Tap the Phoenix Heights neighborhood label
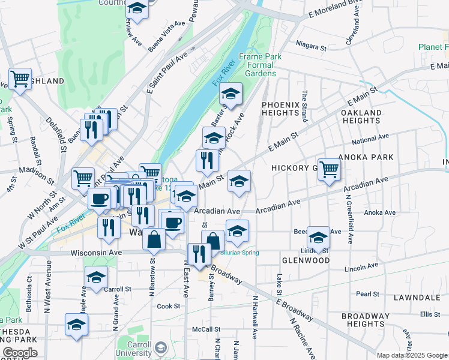(x=280, y=109)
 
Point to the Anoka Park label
(x=366, y=157)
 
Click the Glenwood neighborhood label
(x=306, y=261)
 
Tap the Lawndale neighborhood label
(x=417, y=298)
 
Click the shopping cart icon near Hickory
(x=329, y=169)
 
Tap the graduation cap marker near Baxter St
(x=230, y=94)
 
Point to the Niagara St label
(x=312, y=46)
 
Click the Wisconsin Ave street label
(x=96, y=253)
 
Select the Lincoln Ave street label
(x=360, y=268)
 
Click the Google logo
(x=20, y=353)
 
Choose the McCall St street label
(x=206, y=329)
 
